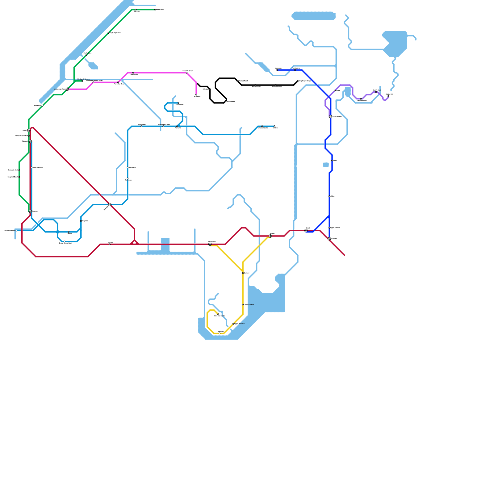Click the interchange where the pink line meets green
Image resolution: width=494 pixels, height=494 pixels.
tap(67, 89)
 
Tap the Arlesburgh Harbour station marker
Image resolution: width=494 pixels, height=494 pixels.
tap(82, 81)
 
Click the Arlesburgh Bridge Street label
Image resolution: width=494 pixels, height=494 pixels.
tap(94, 81)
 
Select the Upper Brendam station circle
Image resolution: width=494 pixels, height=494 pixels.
tap(233, 324)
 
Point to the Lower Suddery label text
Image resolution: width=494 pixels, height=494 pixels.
tap(249, 305)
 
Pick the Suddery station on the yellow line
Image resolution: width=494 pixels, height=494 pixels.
tap(243, 273)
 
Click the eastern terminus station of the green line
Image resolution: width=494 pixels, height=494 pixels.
tap(155, 10)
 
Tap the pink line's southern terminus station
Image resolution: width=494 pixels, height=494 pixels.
tap(196, 95)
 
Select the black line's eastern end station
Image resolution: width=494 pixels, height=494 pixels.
tap(298, 81)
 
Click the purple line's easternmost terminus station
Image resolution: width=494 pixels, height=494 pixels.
tap(388, 96)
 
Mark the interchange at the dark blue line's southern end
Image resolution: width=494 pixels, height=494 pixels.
tap(329, 239)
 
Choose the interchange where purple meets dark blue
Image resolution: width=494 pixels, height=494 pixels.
tap(331, 117)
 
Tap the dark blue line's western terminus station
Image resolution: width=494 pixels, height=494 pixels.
tap(277, 70)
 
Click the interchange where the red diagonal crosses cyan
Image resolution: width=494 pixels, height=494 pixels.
tap(110, 204)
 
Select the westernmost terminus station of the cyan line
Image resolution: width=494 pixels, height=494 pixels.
tap(17, 231)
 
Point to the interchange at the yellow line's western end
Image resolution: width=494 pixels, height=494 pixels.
tap(210, 244)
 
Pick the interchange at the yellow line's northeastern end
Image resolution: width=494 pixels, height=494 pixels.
tap(270, 236)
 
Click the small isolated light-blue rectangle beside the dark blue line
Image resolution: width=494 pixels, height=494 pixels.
tap(326, 165)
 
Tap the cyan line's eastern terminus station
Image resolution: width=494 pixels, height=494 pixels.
tap(274, 126)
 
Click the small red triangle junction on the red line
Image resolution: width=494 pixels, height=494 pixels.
tap(135, 242)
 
